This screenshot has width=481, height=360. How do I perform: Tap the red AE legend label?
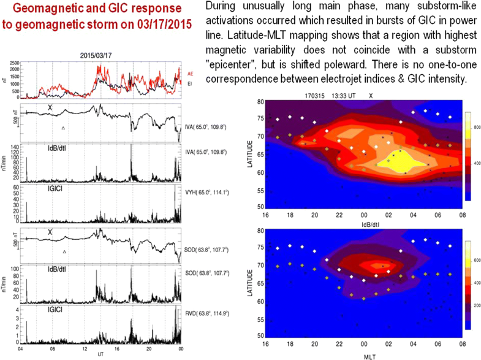[x=190, y=74]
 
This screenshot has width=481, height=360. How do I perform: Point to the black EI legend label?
[x=189, y=83]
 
